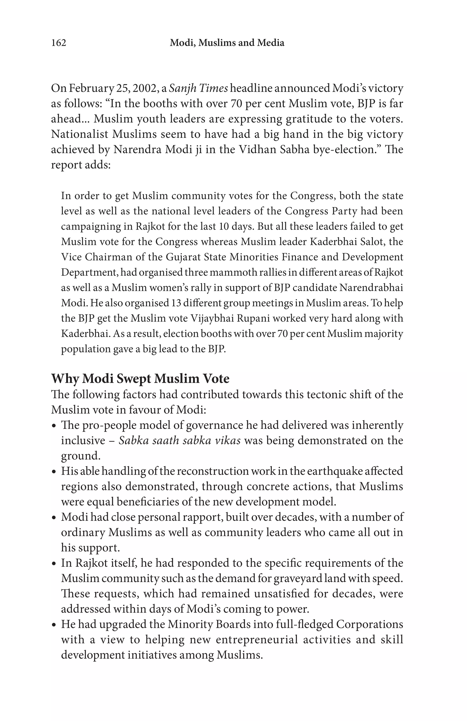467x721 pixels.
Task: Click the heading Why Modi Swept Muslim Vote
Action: click(140, 379)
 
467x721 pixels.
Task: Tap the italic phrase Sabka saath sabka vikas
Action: click(179, 440)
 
